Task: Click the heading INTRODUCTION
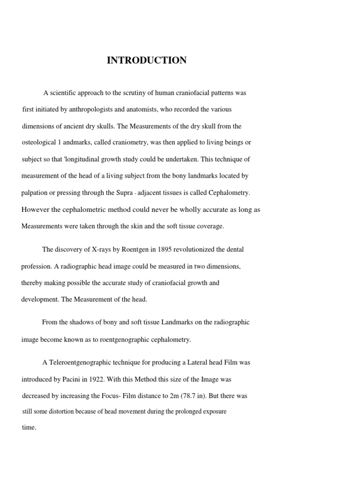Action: click(147, 60)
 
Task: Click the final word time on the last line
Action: click(29, 428)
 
